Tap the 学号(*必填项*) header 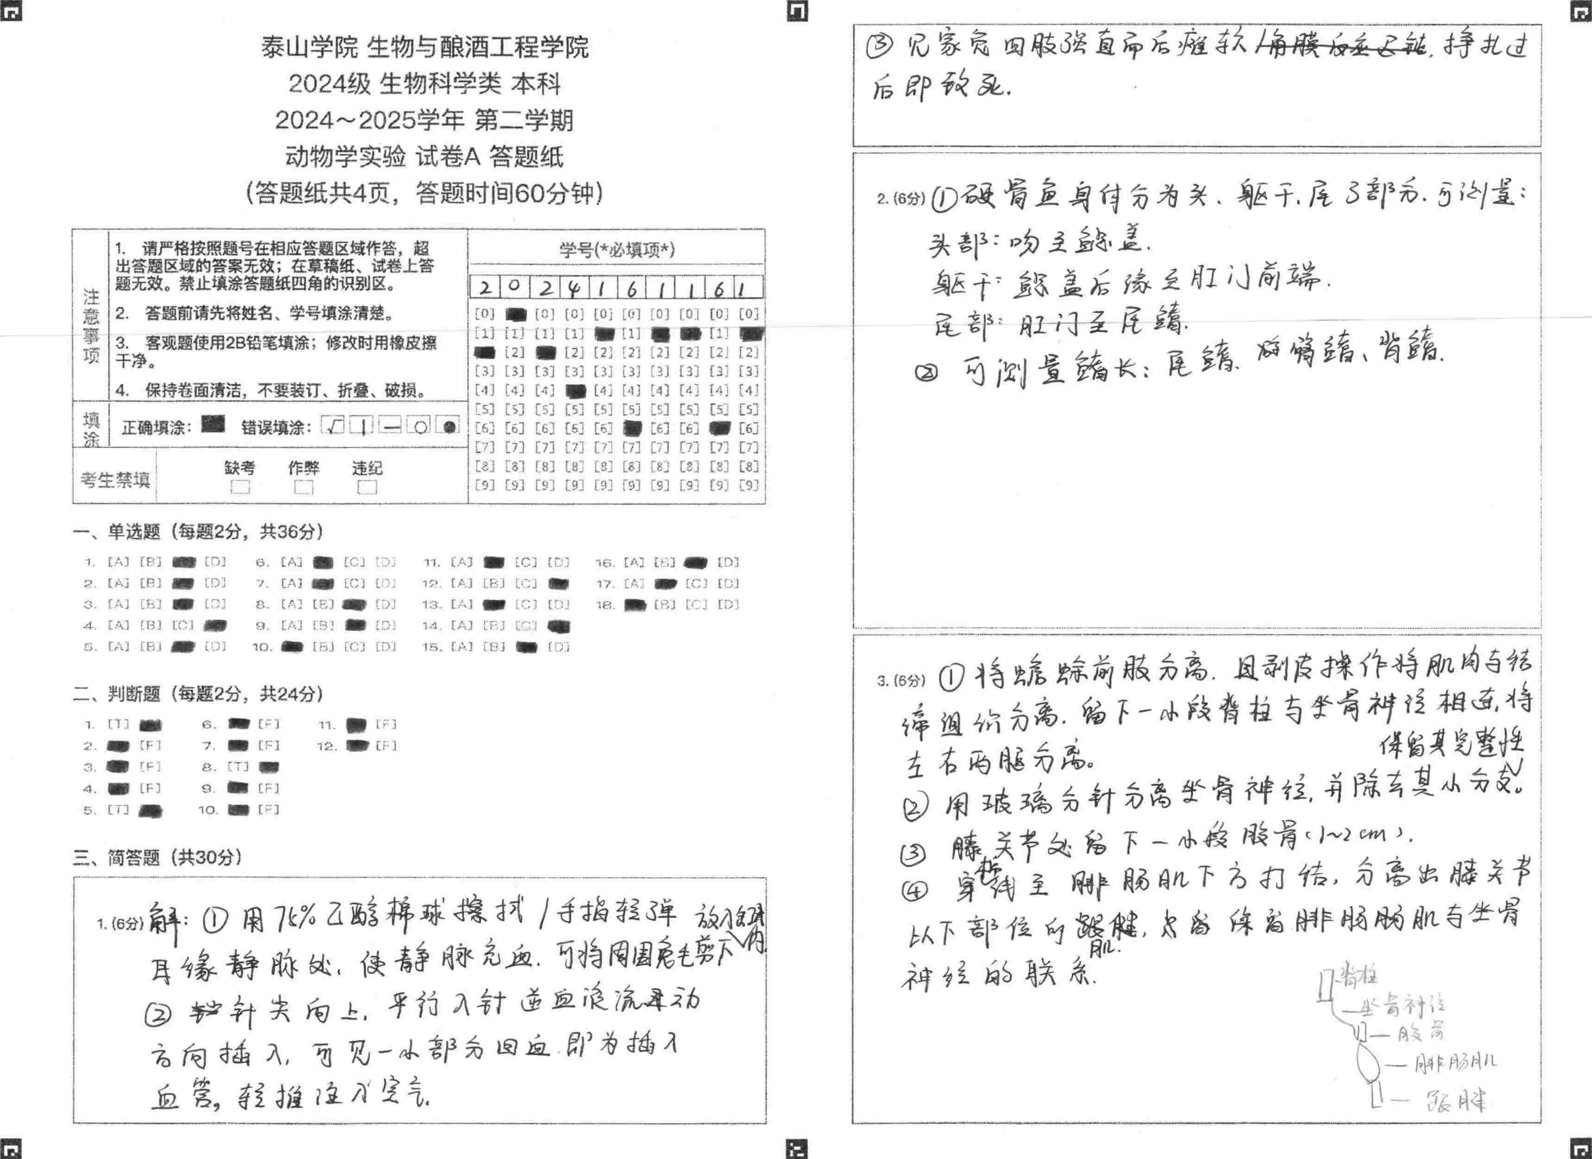pos(616,249)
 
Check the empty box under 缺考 pos(240,487)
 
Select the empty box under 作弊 pos(303,487)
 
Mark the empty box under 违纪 pos(366,487)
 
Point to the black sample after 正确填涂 pos(213,424)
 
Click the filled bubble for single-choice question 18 pos(635,604)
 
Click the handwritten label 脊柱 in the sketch pos(1358,976)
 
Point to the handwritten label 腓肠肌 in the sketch pos(1454,1063)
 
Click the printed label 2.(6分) pos(901,199)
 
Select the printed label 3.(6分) pos(901,680)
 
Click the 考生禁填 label pos(115,480)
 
